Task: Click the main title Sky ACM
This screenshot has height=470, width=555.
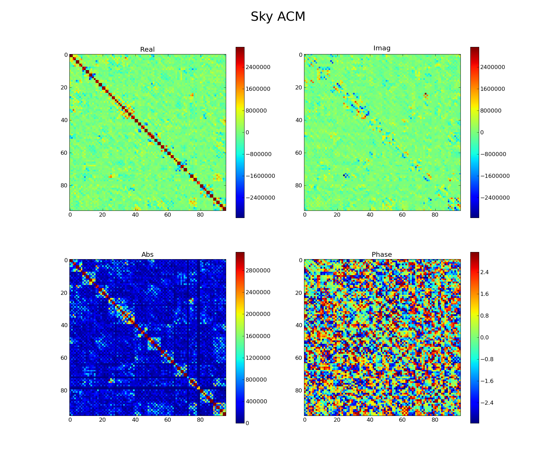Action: (x=278, y=17)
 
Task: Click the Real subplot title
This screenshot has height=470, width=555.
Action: (x=147, y=50)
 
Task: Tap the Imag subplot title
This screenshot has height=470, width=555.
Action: (x=382, y=48)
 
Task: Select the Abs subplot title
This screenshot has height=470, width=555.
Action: (x=147, y=255)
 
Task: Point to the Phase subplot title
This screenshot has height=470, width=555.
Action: (x=382, y=255)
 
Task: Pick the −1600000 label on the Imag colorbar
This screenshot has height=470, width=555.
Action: (x=495, y=176)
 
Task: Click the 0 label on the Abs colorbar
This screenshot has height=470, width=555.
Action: (x=247, y=423)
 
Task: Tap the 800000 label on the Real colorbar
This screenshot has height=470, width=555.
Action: (x=257, y=111)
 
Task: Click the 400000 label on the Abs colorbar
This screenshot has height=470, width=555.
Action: (x=257, y=402)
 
